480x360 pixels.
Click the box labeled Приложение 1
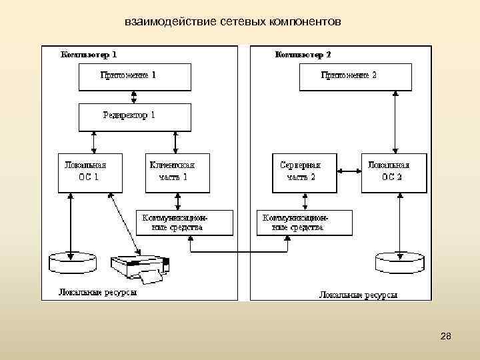pos(135,77)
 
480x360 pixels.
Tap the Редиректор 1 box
pos(135,117)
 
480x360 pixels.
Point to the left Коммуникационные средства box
pos(185,223)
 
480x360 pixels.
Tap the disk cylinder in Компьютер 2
pos(399,262)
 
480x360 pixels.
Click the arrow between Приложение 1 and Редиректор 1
pos(135,97)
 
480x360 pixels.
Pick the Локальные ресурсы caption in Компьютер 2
pos(358,294)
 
